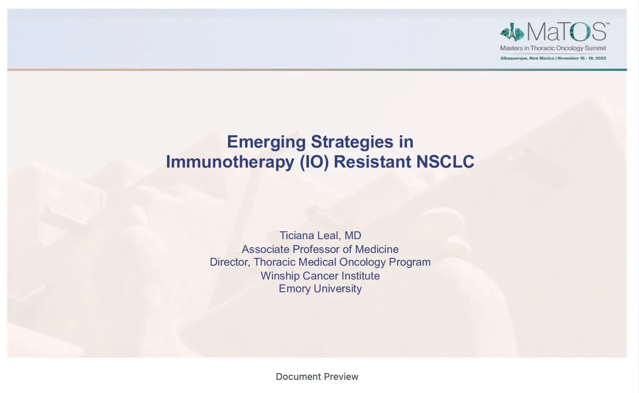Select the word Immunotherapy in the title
coord(230,162)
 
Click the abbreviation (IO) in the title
coord(314,162)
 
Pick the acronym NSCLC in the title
coord(445,162)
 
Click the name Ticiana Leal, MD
coord(320,236)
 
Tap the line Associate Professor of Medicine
coord(320,249)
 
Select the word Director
coord(230,262)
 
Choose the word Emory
coord(294,289)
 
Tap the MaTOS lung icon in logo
coord(512,32)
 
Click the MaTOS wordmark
coord(567,32)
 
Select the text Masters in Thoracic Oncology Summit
coord(553,48)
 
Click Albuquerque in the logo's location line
coord(514,58)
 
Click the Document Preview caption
coord(317,377)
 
